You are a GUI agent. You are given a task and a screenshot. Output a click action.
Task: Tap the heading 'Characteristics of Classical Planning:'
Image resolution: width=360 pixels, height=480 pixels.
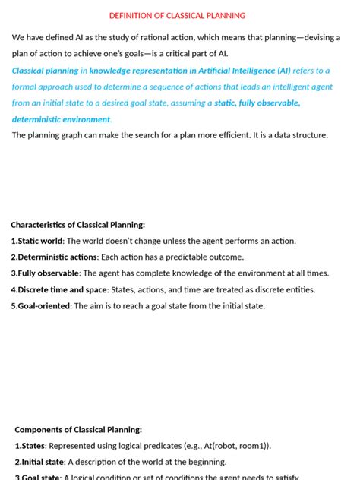pos(77,225)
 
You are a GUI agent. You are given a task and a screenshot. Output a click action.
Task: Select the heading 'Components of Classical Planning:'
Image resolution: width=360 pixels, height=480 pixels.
pos(78,429)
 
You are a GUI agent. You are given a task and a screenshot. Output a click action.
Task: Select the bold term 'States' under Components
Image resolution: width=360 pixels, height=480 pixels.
pos(33,446)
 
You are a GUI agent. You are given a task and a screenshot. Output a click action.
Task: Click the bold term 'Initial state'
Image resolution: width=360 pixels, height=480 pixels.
pos(43,462)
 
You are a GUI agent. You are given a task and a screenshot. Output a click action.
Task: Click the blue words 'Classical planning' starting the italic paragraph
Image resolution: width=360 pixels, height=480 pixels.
pos(44,70)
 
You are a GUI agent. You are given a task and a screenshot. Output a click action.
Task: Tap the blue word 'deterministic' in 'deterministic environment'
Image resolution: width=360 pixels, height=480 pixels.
pos(37,119)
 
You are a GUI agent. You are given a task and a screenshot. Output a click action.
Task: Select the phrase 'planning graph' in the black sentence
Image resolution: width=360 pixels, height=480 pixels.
pos(60,135)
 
